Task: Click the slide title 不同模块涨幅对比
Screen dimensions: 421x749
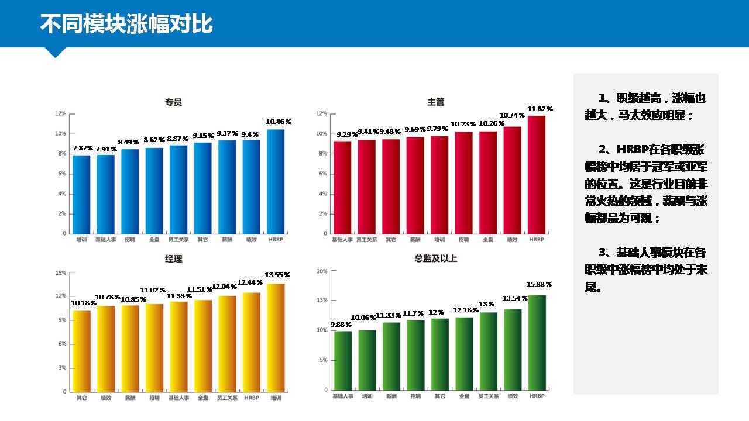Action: pos(126,24)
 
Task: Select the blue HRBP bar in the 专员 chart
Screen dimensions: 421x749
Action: pos(276,181)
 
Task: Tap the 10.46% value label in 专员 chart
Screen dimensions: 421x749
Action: pos(278,122)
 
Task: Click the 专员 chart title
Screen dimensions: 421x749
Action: pos(174,102)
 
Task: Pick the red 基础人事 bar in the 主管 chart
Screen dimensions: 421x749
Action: pos(342,187)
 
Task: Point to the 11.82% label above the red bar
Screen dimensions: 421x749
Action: pos(540,109)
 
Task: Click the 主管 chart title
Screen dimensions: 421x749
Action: pos(436,102)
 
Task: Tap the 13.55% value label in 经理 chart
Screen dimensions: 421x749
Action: pos(277,275)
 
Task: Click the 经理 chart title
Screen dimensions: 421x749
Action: pos(174,259)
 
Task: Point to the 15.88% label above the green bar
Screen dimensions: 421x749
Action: pos(539,284)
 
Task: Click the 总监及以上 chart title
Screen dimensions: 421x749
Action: pos(436,258)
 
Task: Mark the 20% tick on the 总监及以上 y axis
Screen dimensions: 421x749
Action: pos(322,271)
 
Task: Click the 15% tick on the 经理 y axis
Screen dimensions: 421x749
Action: pos(61,272)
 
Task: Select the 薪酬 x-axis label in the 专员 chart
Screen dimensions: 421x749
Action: pos(227,240)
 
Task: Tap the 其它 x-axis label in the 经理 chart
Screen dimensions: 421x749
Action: pos(82,398)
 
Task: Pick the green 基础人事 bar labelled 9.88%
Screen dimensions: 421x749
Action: pos(342,360)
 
